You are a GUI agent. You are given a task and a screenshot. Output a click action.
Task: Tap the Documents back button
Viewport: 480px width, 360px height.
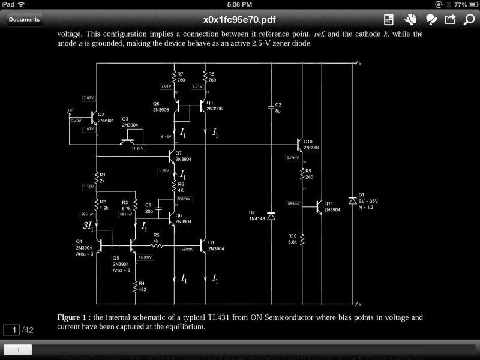pos(24,19)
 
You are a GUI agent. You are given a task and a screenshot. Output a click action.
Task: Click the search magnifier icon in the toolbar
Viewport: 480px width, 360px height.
pos(469,19)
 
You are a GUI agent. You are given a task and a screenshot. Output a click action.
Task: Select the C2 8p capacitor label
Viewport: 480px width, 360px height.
pos(278,108)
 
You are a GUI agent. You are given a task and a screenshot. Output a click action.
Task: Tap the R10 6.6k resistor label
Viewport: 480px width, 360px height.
pos(292,238)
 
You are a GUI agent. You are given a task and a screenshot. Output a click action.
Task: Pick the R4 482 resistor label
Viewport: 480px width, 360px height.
pos(142,286)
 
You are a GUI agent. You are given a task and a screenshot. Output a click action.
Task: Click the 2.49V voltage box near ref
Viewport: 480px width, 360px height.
pos(76,121)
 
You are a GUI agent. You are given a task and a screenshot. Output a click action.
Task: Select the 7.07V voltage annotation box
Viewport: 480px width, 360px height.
pos(88,98)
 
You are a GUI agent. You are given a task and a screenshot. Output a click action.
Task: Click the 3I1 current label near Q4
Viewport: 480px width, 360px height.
pos(88,226)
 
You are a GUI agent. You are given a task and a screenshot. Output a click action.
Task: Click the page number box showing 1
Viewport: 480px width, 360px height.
pos(11,330)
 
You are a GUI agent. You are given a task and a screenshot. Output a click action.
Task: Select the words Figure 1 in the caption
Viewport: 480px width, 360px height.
pos(73,317)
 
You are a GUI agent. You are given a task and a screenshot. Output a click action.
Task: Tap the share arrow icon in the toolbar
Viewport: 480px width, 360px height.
pos(449,19)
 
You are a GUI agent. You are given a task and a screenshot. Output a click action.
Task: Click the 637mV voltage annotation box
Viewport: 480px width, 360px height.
pos(293,158)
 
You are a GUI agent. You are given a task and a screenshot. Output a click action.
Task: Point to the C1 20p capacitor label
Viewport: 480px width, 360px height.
pos(149,208)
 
